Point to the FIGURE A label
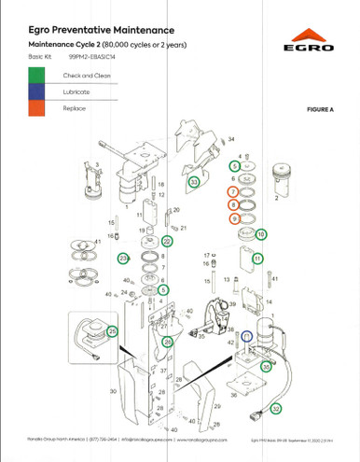click(320, 110)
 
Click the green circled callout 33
click(193, 182)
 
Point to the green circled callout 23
click(122, 258)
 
